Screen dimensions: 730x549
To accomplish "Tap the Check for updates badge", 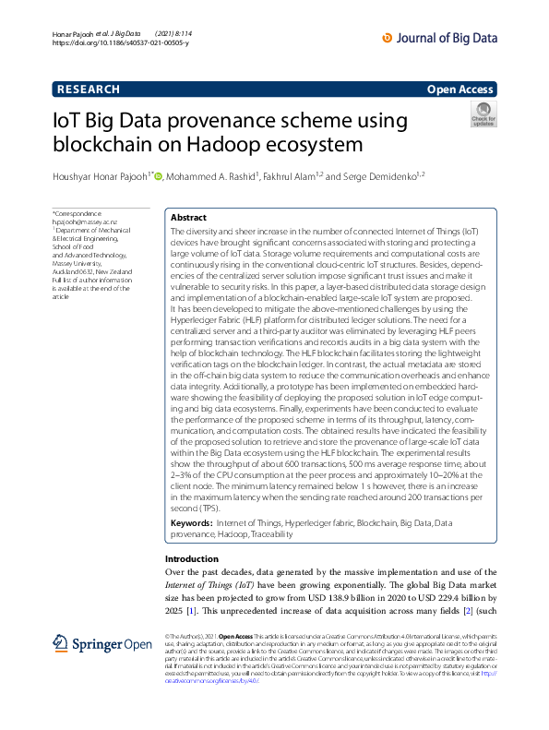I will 483,115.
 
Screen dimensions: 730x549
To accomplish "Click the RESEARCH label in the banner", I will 89,89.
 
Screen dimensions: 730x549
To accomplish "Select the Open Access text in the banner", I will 460,89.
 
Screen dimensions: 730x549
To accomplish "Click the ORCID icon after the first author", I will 158,177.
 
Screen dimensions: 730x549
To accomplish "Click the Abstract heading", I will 188,218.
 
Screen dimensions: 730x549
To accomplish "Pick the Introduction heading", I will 192,559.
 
